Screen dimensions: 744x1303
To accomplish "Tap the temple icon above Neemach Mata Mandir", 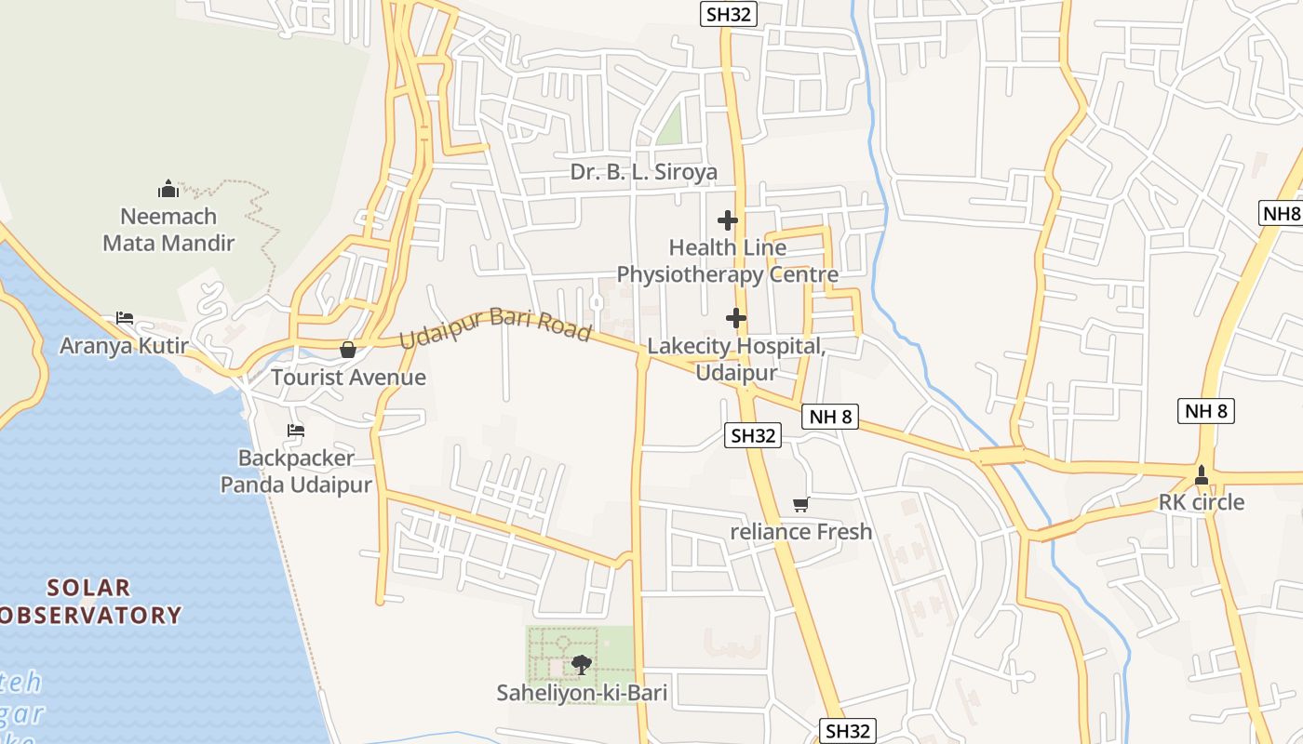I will (168, 190).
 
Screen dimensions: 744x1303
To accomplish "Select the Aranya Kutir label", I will (124, 346).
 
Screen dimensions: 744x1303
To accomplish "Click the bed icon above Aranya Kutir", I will (125, 318).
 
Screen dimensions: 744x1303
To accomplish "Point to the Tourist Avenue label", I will (348, 378).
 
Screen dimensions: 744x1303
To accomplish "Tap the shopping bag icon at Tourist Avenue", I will (348, 350).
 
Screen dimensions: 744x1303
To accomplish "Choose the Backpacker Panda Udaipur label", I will (296, 472).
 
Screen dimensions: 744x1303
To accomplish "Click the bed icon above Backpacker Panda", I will (296, 431).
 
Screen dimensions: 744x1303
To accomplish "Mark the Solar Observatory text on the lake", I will (89, 602).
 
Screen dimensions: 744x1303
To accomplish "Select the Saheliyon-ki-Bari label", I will (582, 693).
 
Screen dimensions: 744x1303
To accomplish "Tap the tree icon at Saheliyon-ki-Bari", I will (582, 665).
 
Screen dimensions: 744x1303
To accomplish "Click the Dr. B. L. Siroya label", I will (644, 172).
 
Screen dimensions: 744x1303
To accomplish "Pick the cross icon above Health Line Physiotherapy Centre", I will (728, 220).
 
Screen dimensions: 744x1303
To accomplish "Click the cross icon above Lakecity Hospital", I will (736, 318).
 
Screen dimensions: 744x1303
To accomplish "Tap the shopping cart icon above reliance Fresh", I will (800, 504).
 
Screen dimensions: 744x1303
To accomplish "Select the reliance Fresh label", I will (800, 532).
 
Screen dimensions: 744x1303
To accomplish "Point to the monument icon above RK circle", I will (1202, 474).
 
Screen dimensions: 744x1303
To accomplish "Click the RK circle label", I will (1201, 502).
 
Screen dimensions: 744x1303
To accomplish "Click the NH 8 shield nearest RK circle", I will (1206, 410).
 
